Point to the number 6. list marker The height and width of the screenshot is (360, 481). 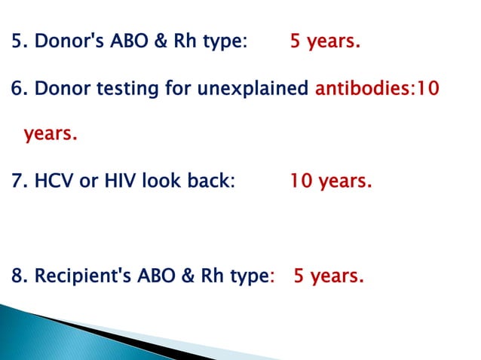click(20, 88)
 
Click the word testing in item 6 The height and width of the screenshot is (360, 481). click(161, 88)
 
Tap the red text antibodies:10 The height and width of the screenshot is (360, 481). click(377, 88)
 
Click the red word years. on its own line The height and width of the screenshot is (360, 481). click(51, 134)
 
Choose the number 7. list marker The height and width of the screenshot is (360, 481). click(20, 182)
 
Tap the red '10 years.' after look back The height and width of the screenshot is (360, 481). click(330, 182)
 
